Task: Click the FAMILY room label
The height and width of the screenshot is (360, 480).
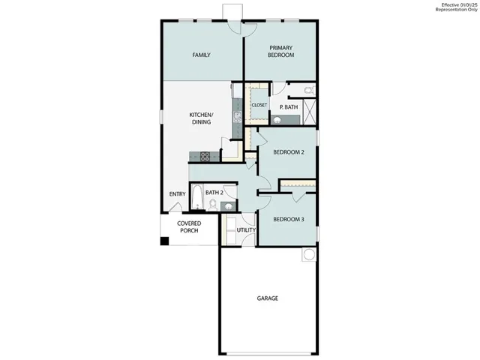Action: tap(200, 55)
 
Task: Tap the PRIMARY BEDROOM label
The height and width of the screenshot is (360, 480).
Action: tap(280, 51)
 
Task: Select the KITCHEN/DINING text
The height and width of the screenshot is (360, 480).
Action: tap(200, 118)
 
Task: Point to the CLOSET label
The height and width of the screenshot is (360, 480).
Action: tap(259, 106)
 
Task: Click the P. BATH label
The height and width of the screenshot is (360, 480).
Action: tap(289, 108)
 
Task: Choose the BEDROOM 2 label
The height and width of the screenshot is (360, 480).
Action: tap(288, 152)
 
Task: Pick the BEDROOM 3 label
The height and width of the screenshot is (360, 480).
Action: tap(287, 219)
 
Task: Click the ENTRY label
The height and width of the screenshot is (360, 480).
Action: tap(177, 194)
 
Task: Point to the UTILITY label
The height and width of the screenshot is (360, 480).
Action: tap(247, 230)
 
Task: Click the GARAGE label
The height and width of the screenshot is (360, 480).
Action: tap(268, 298)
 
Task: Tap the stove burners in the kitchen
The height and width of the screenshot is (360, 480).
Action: tap(204, 157)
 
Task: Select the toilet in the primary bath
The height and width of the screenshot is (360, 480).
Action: tap(309, 91)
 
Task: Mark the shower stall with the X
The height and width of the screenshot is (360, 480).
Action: tap(308, 114)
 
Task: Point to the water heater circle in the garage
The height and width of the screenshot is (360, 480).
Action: tap(308, 255)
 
